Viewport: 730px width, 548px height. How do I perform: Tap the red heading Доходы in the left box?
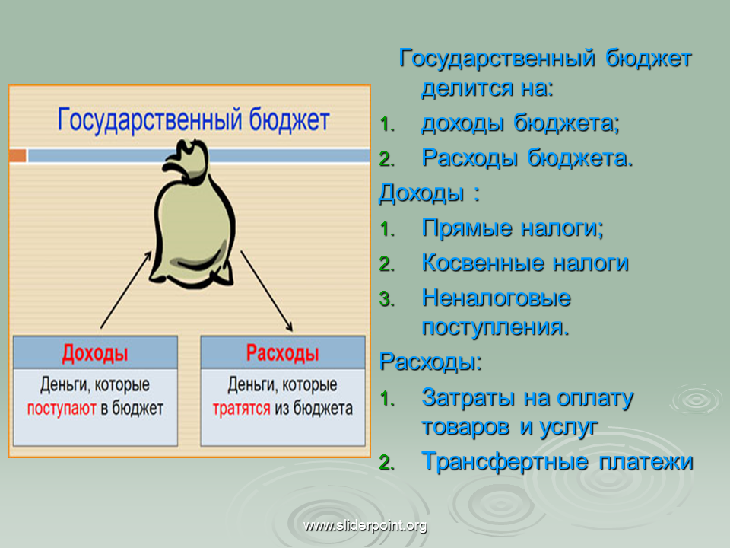(95, 353)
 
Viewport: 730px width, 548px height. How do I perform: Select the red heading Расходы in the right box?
(283, 352)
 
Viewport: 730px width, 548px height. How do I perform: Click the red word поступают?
(62, 409)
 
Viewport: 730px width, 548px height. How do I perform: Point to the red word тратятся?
(241, 409)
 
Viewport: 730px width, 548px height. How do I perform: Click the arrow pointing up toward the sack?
(125, 289)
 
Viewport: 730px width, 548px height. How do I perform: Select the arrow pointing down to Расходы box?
(267, 292)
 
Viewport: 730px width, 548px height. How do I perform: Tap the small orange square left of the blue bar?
(17, 155)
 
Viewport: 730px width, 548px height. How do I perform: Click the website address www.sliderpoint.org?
(365, 526)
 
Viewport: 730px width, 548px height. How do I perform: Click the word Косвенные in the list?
(483, 263)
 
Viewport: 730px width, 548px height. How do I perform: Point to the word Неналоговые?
(497, 298)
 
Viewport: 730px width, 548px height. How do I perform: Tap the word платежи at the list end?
(646, 462)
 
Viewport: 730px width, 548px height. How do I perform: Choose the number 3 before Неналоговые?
(386, 299)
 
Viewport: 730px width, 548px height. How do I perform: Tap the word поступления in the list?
(495, 327)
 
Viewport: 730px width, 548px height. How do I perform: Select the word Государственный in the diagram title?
(150, 120)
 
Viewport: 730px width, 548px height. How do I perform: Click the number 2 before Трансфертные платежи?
(386, 463)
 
